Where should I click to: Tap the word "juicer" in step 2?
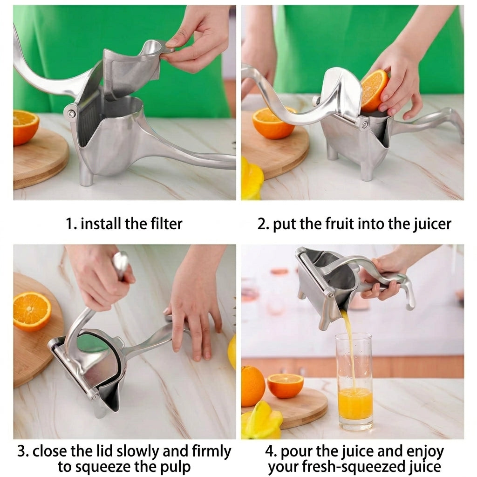point(432,225)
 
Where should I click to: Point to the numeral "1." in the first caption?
point(71,224)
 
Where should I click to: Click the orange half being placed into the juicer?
point(374,90)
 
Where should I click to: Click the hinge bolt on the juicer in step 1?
point(71,114)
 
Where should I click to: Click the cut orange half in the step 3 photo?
point(32,312)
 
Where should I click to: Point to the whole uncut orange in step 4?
point(252,386)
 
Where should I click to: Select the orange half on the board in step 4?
point(286,385)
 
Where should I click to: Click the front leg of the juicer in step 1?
point(86,175)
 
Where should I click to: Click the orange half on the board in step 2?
point(272,123)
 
